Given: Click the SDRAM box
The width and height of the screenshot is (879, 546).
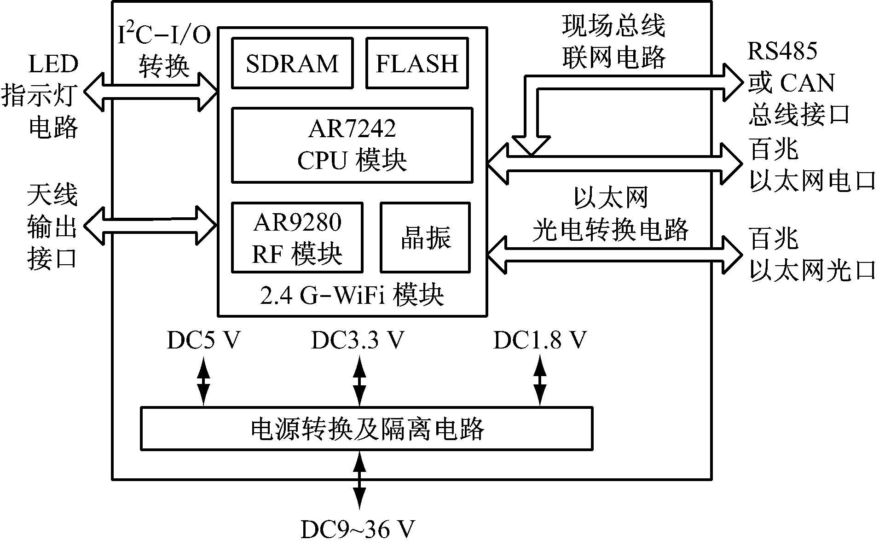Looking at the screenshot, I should (x=292, y=63).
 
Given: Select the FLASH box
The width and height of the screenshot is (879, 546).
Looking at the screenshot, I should (x=417, y=63).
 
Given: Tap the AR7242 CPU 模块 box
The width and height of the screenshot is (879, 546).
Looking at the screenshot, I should (x=352, y=145).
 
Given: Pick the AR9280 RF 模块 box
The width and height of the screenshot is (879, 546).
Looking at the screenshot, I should (x=297, y=238).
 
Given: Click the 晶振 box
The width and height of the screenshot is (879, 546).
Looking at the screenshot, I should (x=425, y=238).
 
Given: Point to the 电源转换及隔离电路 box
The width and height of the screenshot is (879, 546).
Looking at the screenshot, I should (x=366, y=428).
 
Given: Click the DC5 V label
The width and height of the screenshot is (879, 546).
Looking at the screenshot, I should (x=203, y=341).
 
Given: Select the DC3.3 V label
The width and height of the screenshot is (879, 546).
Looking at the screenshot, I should (x=358, y=341).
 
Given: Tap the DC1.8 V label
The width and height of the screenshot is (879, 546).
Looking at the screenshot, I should (x=540, y=341).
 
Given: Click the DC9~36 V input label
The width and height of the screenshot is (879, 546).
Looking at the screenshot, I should (x=358, y=529).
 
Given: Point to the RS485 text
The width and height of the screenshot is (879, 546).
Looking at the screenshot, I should (x=782, y=51).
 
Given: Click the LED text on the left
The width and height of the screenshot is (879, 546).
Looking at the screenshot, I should (x=53, y=64).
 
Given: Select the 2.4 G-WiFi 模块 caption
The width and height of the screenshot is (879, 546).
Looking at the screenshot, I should (x=352, y=296).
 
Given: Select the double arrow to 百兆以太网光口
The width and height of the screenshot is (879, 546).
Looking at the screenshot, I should (x=614, y=255).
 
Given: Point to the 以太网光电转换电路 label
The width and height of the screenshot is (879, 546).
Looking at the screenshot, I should (x=611, y=214).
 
